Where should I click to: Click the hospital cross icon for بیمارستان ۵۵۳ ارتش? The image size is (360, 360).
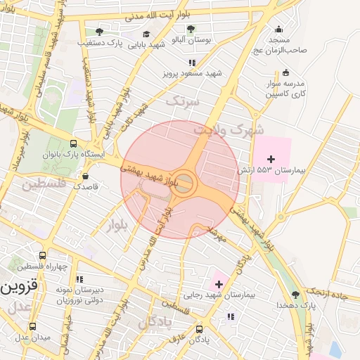click(x=271, y=160)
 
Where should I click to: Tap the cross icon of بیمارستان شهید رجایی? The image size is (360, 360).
click(x=219, y=284)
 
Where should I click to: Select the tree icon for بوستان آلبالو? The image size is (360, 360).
click(x=191, y=30)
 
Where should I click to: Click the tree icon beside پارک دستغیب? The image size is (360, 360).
click(x=99, y=32)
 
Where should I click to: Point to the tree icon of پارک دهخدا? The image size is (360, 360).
click(x=295, y=295)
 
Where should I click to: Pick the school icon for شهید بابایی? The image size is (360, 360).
click(x=146, y=33)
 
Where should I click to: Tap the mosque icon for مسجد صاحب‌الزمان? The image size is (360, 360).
click(x=279, y=29)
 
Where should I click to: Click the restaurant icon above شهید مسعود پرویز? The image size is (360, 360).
click(x=192, y=63)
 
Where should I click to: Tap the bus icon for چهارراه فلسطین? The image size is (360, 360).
click(x=43, y=257)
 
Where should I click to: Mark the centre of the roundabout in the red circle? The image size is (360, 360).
click(x=184, y=181)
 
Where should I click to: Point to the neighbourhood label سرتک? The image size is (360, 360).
click(x=183, y=101)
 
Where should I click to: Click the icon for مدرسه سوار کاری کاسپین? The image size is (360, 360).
click(x=285, y=72)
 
